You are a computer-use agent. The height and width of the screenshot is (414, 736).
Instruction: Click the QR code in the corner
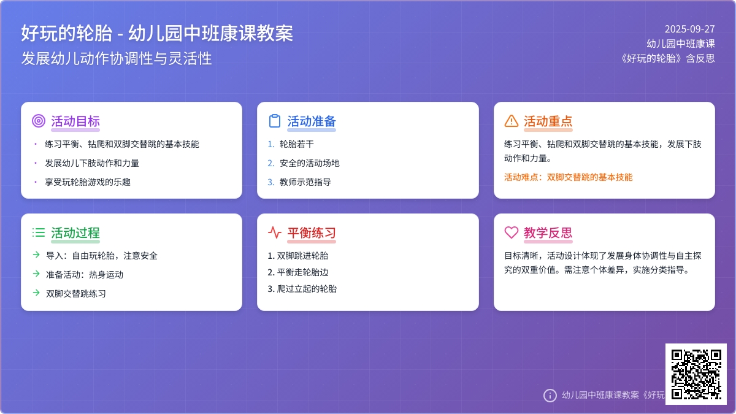696,374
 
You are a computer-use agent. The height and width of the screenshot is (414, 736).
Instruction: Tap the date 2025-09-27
689,29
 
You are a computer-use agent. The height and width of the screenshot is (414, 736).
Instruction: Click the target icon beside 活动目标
39,121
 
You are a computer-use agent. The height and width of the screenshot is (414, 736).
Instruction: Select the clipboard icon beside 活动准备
275,121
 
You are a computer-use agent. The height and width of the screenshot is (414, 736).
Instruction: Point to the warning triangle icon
512,121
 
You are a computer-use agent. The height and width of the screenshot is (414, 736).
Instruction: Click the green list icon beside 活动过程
39,232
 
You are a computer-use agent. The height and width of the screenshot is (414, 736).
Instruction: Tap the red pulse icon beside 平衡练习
275,232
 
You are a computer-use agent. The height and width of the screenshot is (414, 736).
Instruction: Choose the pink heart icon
512,232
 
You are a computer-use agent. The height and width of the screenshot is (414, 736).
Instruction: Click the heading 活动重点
548,121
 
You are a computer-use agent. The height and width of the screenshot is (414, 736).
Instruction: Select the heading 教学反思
548,233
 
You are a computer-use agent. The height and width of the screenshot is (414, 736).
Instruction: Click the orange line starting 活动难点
568,177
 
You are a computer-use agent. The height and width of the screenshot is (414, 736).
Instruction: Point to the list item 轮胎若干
297,144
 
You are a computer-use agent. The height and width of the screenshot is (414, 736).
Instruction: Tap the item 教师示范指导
305,182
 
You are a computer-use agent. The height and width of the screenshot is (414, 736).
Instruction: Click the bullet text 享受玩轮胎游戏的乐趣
88,182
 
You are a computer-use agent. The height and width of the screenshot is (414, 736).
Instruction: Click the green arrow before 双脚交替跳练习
36,293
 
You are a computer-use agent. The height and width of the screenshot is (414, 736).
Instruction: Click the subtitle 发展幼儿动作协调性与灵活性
117,58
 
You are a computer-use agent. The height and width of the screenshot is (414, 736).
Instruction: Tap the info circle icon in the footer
550,395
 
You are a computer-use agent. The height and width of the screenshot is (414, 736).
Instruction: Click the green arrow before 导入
36,255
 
